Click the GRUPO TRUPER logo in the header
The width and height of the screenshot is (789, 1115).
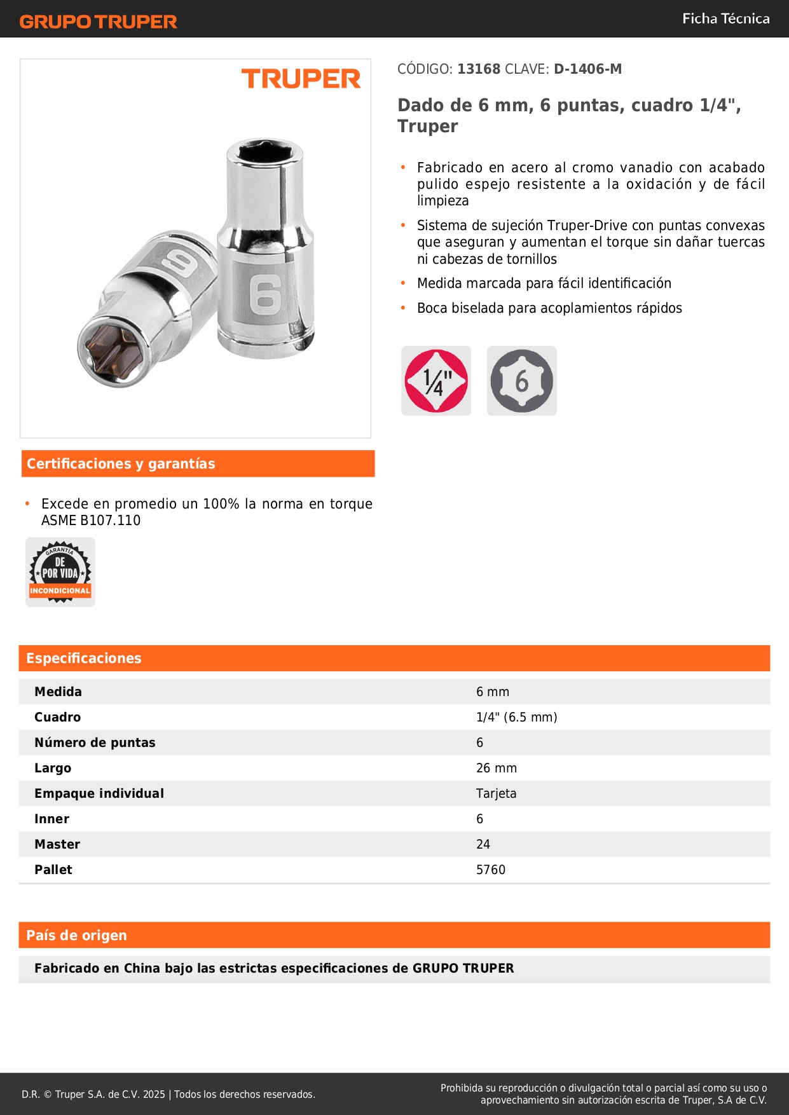(x=98, y=22)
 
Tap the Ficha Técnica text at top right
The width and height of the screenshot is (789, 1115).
(x=725, y=18)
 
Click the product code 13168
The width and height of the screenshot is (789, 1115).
(x=479, y=69)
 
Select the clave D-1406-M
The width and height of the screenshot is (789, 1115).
(x=587, y=69)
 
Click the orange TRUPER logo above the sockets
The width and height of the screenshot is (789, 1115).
(x=301, y=79)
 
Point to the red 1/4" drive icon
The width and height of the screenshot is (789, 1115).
(x=436, y=381)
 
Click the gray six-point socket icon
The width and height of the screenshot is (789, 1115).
(x=521, y=381)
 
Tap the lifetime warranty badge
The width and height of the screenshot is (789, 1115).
(x=60, y=572)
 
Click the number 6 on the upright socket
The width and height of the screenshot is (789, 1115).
(x=264, y=294)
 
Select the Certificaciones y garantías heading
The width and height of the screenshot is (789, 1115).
(x=121, y=463)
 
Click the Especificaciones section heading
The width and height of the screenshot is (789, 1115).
(x=84, y=658)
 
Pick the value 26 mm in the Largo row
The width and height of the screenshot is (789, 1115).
(x=496, y=768)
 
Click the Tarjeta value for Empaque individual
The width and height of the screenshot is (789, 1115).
(x=496, y=793)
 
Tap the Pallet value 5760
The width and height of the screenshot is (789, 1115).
(x=490, y=870)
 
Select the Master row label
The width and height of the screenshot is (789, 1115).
(x=57, y=844)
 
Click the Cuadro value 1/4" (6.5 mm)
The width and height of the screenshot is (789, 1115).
(x=516, y=717)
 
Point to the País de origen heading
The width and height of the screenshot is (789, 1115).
(x=76, y=935)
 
